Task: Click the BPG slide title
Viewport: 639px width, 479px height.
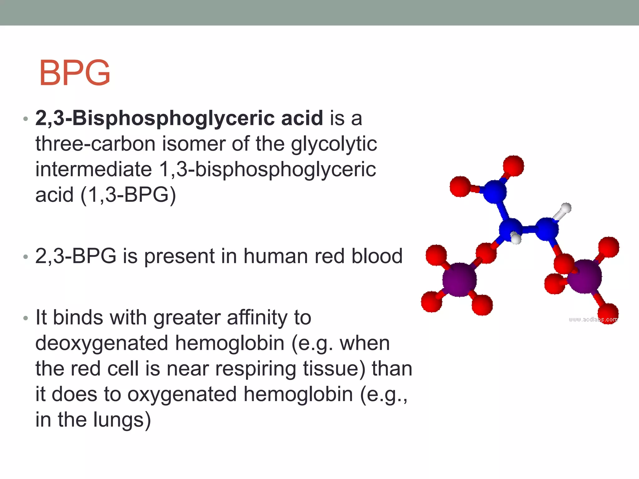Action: coord(75,73)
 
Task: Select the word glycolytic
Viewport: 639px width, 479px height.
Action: coord(334,144)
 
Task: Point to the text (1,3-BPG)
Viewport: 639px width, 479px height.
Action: coord(128,195)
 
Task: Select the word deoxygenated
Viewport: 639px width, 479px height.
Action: coord(101,343)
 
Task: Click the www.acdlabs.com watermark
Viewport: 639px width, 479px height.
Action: coord(593,319)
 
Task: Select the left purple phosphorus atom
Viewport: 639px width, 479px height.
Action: coord(459,279)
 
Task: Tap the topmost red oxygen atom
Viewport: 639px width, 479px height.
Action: coord(513,166)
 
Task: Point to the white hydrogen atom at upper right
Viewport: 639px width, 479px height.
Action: coord(566,208)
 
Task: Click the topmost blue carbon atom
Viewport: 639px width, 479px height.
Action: coord(495,191)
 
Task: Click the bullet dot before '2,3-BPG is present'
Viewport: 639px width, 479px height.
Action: coord(26,257)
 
